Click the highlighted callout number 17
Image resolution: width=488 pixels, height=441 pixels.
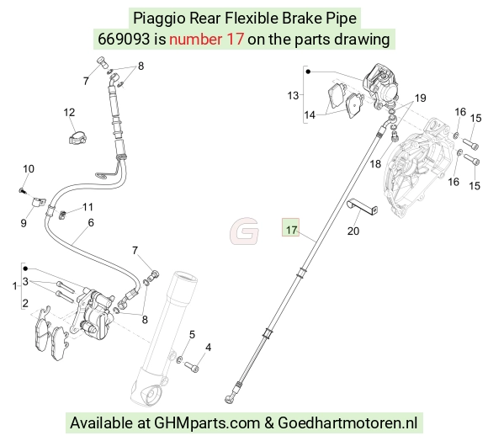[x=291, y=230]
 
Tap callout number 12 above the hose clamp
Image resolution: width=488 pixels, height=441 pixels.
[x=69, y=112]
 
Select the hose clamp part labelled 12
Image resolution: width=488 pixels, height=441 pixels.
[x=77, y=138]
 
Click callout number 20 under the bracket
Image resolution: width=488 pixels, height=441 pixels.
[x=353, y=231]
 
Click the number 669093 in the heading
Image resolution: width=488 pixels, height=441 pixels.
[x=124, y=40]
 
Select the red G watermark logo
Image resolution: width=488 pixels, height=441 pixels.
[x=244, y=231]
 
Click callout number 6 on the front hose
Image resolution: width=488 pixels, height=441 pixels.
[x=91, y=222]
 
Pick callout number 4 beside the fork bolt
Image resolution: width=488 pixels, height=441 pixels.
[x=208, y=348]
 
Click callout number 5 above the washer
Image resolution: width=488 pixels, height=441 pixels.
[x=192, y=335]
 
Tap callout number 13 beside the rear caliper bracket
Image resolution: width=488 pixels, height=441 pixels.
[x=293, y=95]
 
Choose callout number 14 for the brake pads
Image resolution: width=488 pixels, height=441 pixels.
[x=310, y=114]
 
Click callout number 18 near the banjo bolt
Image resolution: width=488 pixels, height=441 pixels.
[x=375, y=164]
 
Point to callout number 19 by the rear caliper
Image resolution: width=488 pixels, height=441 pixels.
[x=421, y=98]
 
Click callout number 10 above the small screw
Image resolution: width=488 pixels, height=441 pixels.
[x=29, y=168]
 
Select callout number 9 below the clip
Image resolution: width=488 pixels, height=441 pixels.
[x=24, y=223]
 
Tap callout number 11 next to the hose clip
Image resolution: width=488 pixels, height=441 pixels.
[x=88, y=207]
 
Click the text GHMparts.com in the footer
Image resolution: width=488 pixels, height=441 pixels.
[x=207, y=423]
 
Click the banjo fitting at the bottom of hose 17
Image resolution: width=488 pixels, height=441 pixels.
[x=230, y=398]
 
